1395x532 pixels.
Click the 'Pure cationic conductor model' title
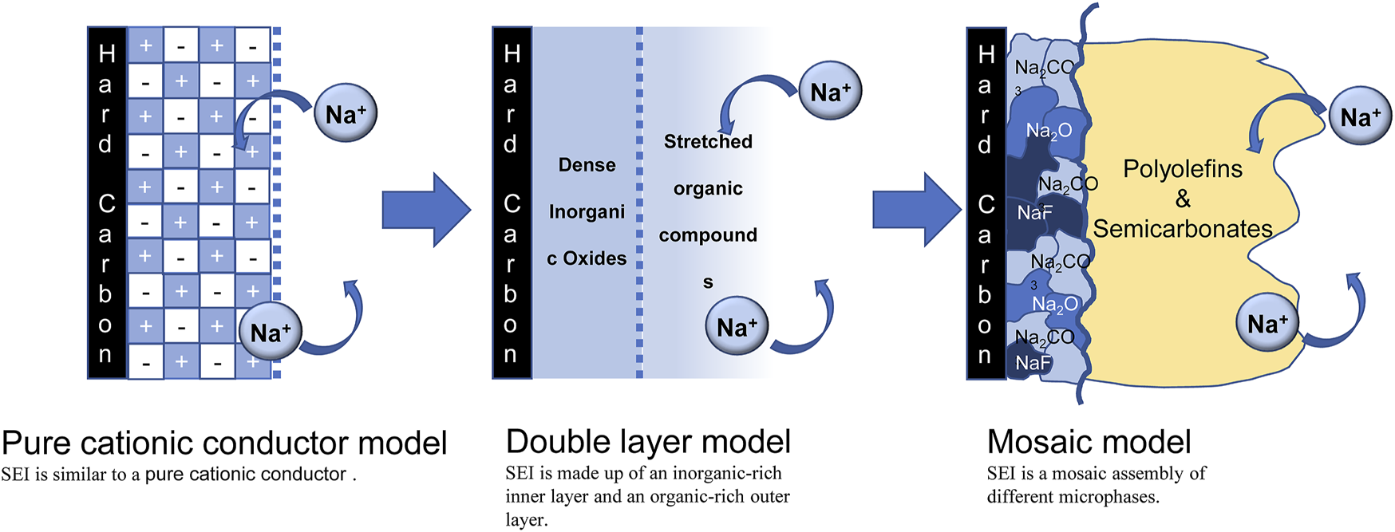[x=224, y=443]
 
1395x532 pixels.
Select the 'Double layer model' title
[x=648, y=442]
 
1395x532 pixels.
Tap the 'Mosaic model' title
[x=1089, y=442]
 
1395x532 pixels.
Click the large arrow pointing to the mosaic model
[x=915, y=210]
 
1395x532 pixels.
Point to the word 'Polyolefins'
[x=1182, y=169]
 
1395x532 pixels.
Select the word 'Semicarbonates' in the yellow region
[x=1182, y=230]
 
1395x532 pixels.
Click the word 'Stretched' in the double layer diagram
[x=708, y=142]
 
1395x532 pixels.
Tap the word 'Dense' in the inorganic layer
[x=587, y=165]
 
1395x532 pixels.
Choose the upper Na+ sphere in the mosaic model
[x=1360, y=117]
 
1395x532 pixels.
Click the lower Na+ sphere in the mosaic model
[x=1267, y=324]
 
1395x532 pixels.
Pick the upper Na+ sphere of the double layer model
[x=830, y=92]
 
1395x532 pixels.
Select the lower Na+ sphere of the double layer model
[x=737, y=326]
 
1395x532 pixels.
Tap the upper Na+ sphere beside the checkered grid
[x=345, y=114]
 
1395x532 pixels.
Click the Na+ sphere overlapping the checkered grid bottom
[x=271, y=332]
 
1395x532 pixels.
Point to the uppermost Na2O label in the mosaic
[x=1049, y=131]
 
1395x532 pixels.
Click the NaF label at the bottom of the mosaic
[x=1033, y=364]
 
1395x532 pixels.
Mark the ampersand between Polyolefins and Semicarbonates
[x=1182, y=199]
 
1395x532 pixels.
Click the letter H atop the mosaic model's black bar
[x=986, y=54]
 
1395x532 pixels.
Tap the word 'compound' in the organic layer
[x=708, y=235]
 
